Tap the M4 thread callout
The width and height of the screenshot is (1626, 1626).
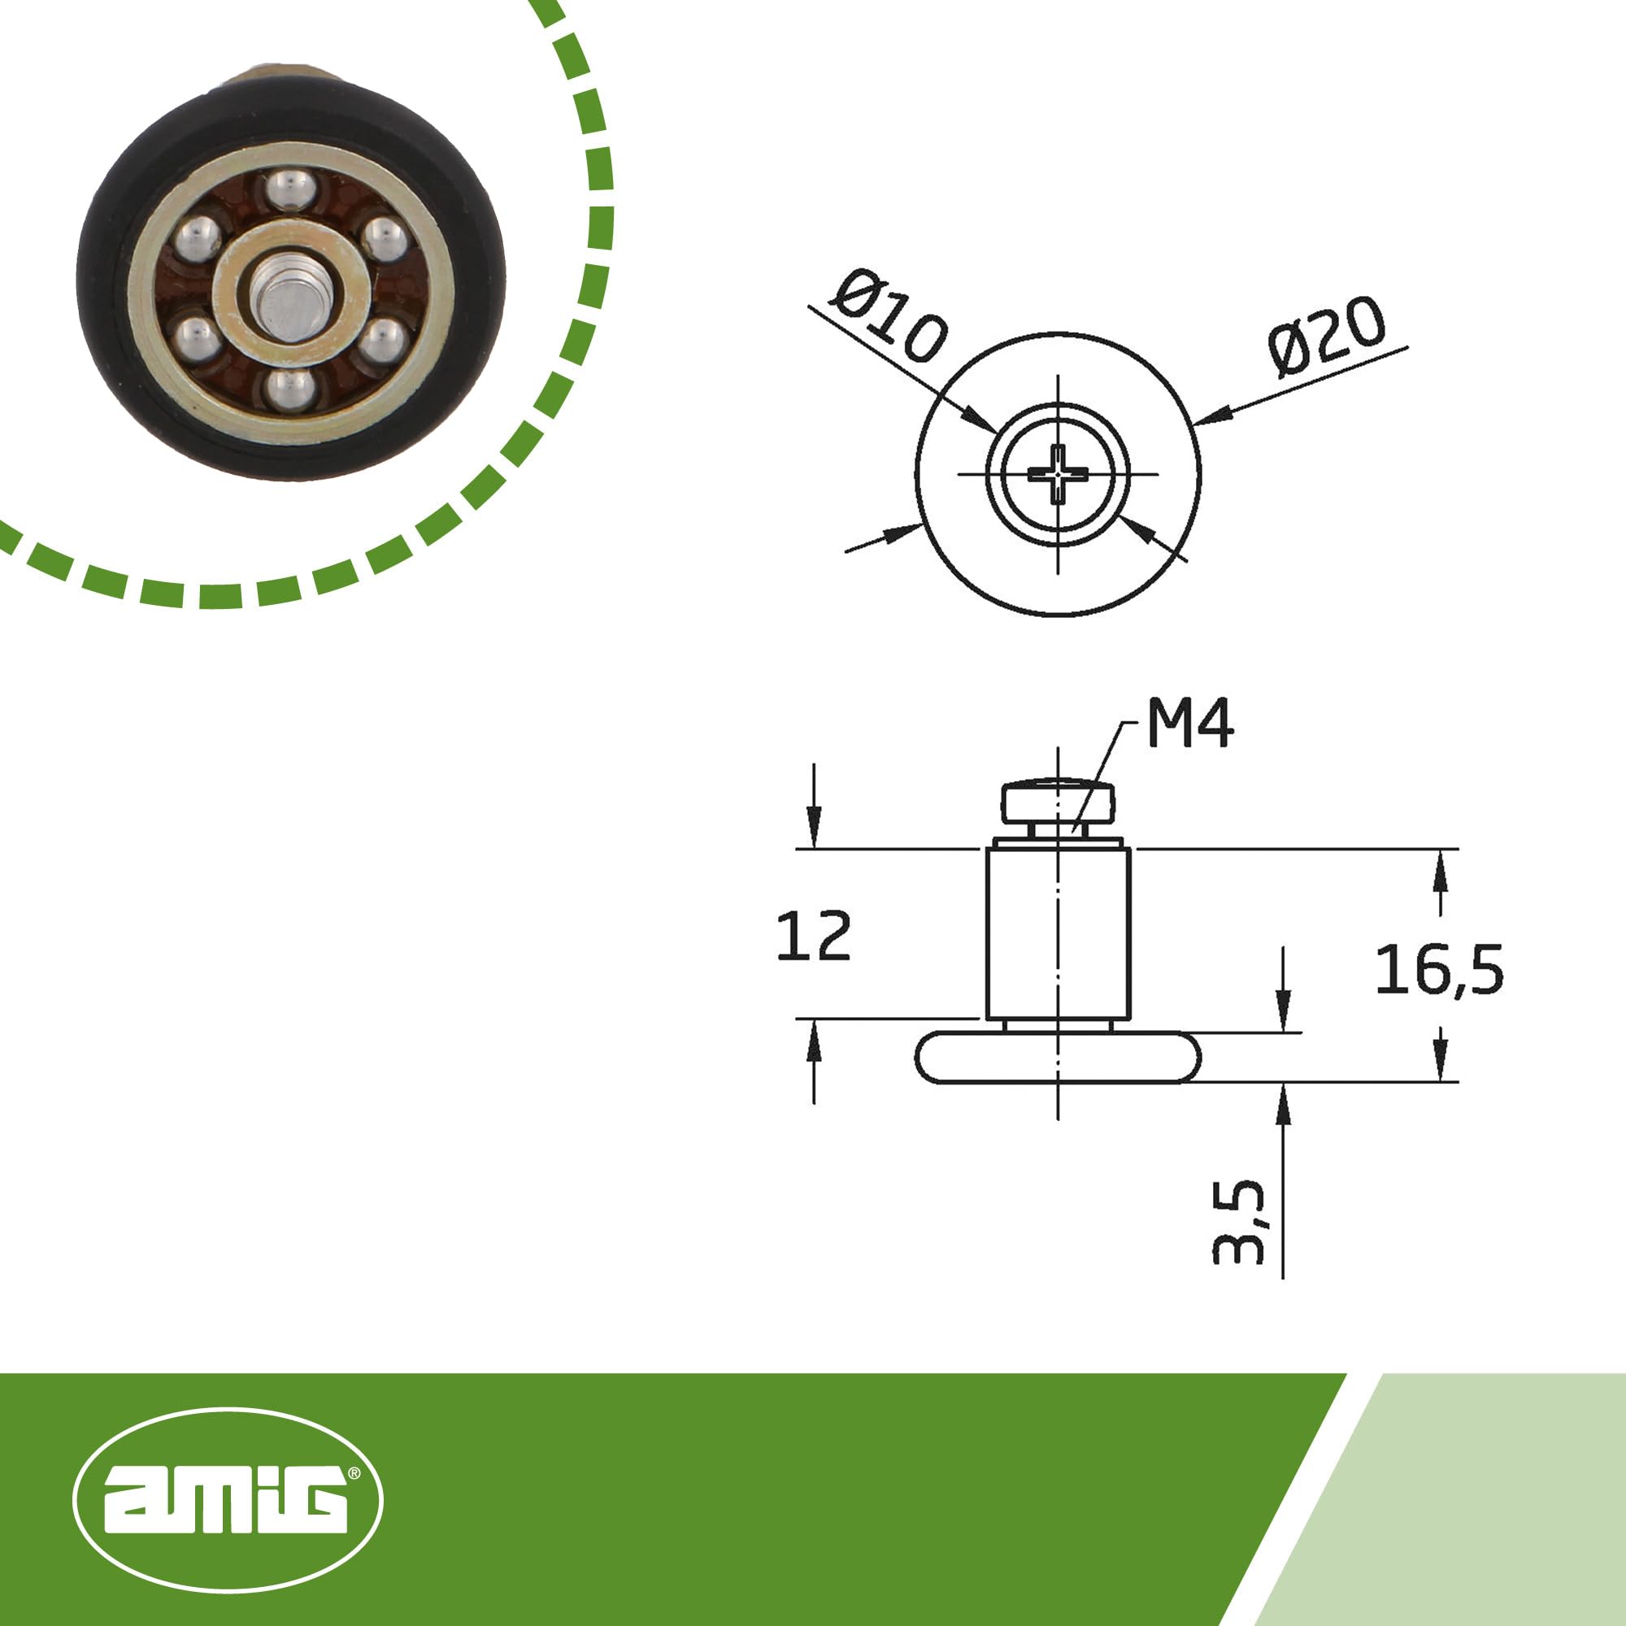[x=1190, y=724]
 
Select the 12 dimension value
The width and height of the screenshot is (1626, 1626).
[x=813, y=936]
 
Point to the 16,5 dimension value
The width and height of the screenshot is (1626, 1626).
[x=1439, y=970]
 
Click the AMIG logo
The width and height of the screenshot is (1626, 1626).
[x=228, y=1499]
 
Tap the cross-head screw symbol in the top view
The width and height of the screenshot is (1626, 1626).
[x=1058, y=475]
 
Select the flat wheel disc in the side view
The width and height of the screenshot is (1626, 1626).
[x=1058, y=1057]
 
